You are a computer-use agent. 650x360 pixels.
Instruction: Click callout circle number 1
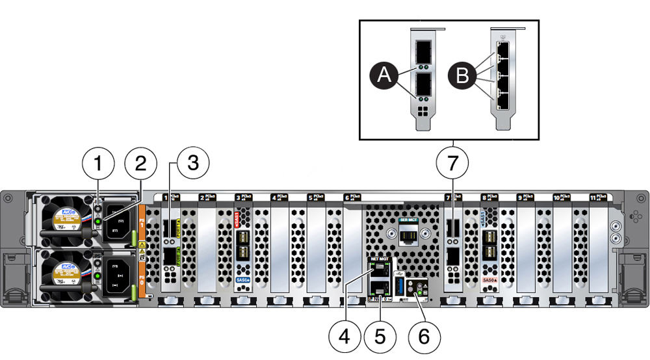(98, 164)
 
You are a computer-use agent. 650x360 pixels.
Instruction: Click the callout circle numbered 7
(453, 164)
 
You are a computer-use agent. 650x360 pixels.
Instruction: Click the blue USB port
(399, 286)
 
